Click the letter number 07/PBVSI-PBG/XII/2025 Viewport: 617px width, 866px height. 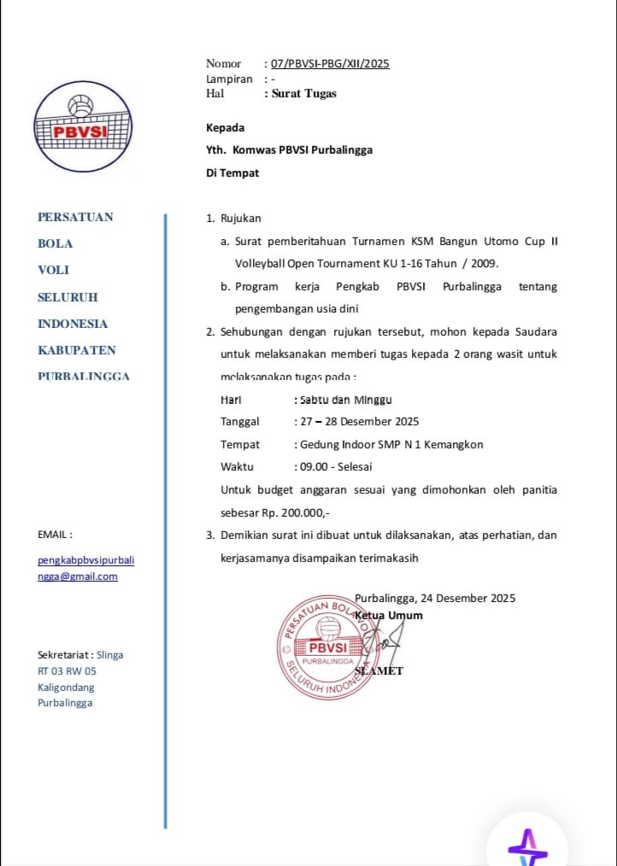330,63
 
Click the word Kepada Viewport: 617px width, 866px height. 225,128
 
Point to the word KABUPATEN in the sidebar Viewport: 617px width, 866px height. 77,350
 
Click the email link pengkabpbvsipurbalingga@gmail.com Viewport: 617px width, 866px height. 85,568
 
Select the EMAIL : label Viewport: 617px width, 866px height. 55,535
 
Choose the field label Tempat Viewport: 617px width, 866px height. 240,445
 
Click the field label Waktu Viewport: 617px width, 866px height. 238,467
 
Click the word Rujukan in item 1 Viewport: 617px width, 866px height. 240,219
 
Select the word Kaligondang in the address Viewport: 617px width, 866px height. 66,688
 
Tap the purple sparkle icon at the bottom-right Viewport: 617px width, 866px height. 527,842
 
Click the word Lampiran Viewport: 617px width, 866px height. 229,79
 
